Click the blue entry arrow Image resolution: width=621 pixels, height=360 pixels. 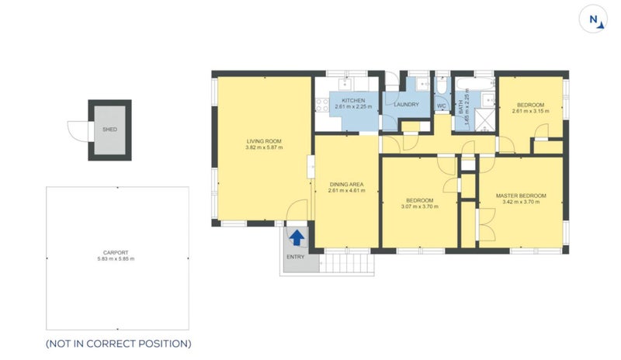[x=297, y=237]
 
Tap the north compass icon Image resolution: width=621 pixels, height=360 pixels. [x=593, y=19]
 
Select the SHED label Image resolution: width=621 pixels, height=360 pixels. [x=109, y=130]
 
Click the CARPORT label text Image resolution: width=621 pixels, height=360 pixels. [x=116, y=253]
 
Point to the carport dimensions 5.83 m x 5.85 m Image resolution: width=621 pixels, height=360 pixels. [x=116, y=259]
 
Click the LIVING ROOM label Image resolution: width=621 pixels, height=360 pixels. [x=264, y=141]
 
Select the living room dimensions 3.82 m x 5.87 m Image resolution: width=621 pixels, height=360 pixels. [x=264, y=147]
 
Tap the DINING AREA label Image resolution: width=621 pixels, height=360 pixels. [x=346, y=185]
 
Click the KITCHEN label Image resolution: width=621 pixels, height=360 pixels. [x=353, y=101]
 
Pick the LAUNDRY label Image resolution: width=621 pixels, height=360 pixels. [x=406, y=105]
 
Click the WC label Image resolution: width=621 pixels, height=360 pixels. [x=441, y=106]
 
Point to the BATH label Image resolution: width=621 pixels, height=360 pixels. [x=461, y=107]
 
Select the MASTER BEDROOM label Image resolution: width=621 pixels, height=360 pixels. [x=521, y=196]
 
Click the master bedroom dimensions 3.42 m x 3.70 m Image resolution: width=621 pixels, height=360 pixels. [x=521, y=202]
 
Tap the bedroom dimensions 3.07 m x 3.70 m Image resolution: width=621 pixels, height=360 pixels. [x=419, y=206]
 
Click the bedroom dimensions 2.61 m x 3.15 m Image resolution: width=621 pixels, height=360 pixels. [x=530, y=111]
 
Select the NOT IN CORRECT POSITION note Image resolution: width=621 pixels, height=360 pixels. [x=119, y=344]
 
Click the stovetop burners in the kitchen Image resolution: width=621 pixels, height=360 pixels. [x=322, y=105]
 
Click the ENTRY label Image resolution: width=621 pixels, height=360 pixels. [x=296, y=257]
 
